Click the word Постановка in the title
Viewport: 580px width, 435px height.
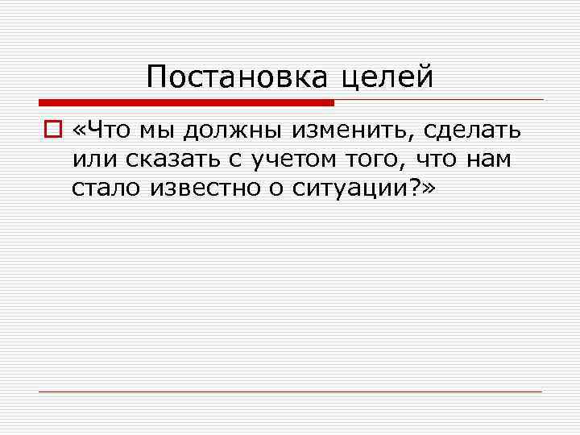coord(238,77)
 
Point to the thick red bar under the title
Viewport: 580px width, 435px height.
coord(186,103)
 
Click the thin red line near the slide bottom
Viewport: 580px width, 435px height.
coord(290,391)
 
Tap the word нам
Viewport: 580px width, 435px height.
coord(492,159)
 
